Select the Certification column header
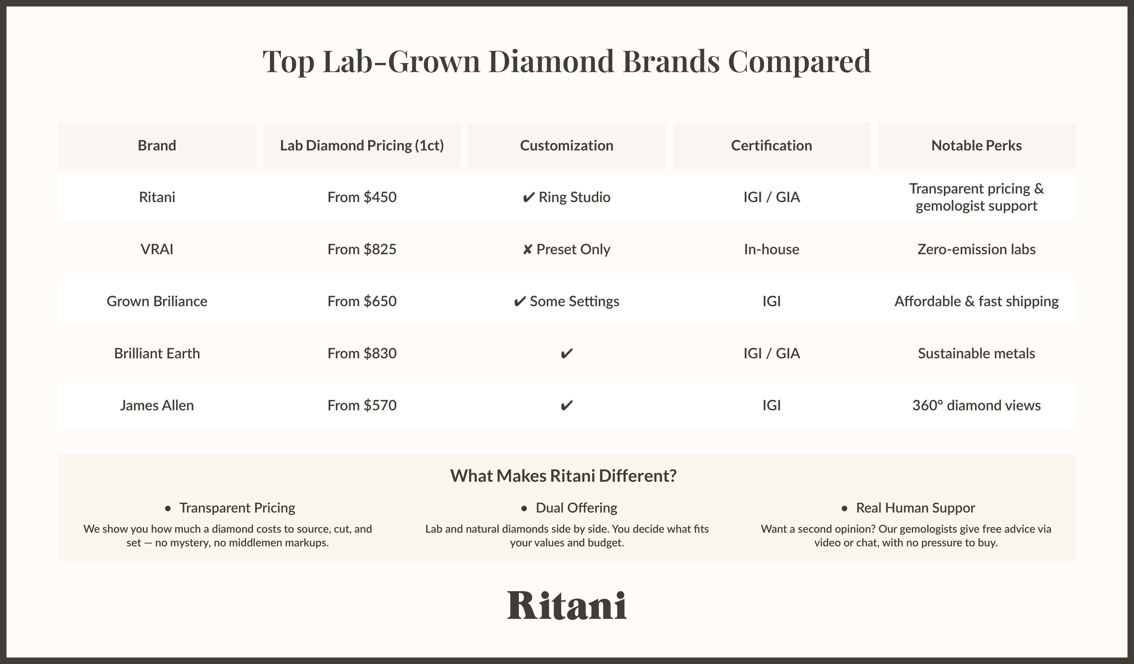[x=771, y=145]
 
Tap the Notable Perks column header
[x=977, y=145]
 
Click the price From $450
[x=362, y=197]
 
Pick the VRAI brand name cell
[x=157, y=249]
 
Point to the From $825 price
[x=362, y=249]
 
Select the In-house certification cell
[x=771, y=249]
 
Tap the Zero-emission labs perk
[x=977, y=249]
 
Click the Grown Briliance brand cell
[x=157, y=301]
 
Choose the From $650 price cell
[x=362, y=301]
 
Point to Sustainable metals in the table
[x=977, y=353]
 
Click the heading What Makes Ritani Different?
[x=563, y=476]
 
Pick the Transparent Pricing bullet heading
[x=237, y=508]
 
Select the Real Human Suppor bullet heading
[x=915, y=508]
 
